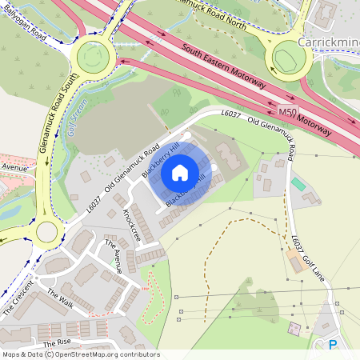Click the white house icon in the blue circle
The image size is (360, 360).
[180, 173]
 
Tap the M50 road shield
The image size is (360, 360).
[288, 114]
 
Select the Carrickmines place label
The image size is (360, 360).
[328, 41]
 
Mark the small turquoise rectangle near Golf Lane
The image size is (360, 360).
[298, 184]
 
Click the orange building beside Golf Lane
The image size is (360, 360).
[295, 261]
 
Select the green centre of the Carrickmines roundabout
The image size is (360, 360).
[289, 57]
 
